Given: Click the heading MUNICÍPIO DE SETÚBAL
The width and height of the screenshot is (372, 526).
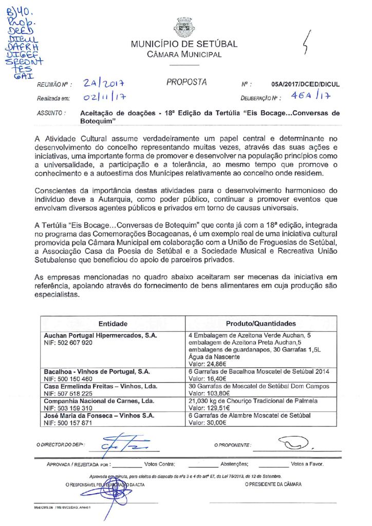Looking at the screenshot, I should pyautogui.click(x=184, y=44).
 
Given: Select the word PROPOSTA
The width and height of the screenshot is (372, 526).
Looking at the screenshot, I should pyautogui.click(x=187, y=82).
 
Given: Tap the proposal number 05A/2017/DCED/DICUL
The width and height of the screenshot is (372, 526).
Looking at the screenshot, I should pyautogui.click(x=305, y=84).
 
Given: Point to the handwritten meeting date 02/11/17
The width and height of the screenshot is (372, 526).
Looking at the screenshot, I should pyautogui.click(x=105, y=97).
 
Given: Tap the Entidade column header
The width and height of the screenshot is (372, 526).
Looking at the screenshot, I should pyautogui.click(x=113, y=324).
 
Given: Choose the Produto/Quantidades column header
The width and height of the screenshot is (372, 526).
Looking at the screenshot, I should pyautogui.click(x=261, y=324).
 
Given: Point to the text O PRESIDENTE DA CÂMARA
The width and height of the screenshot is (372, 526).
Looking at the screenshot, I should pyautogui.click(x=273, y=484).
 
